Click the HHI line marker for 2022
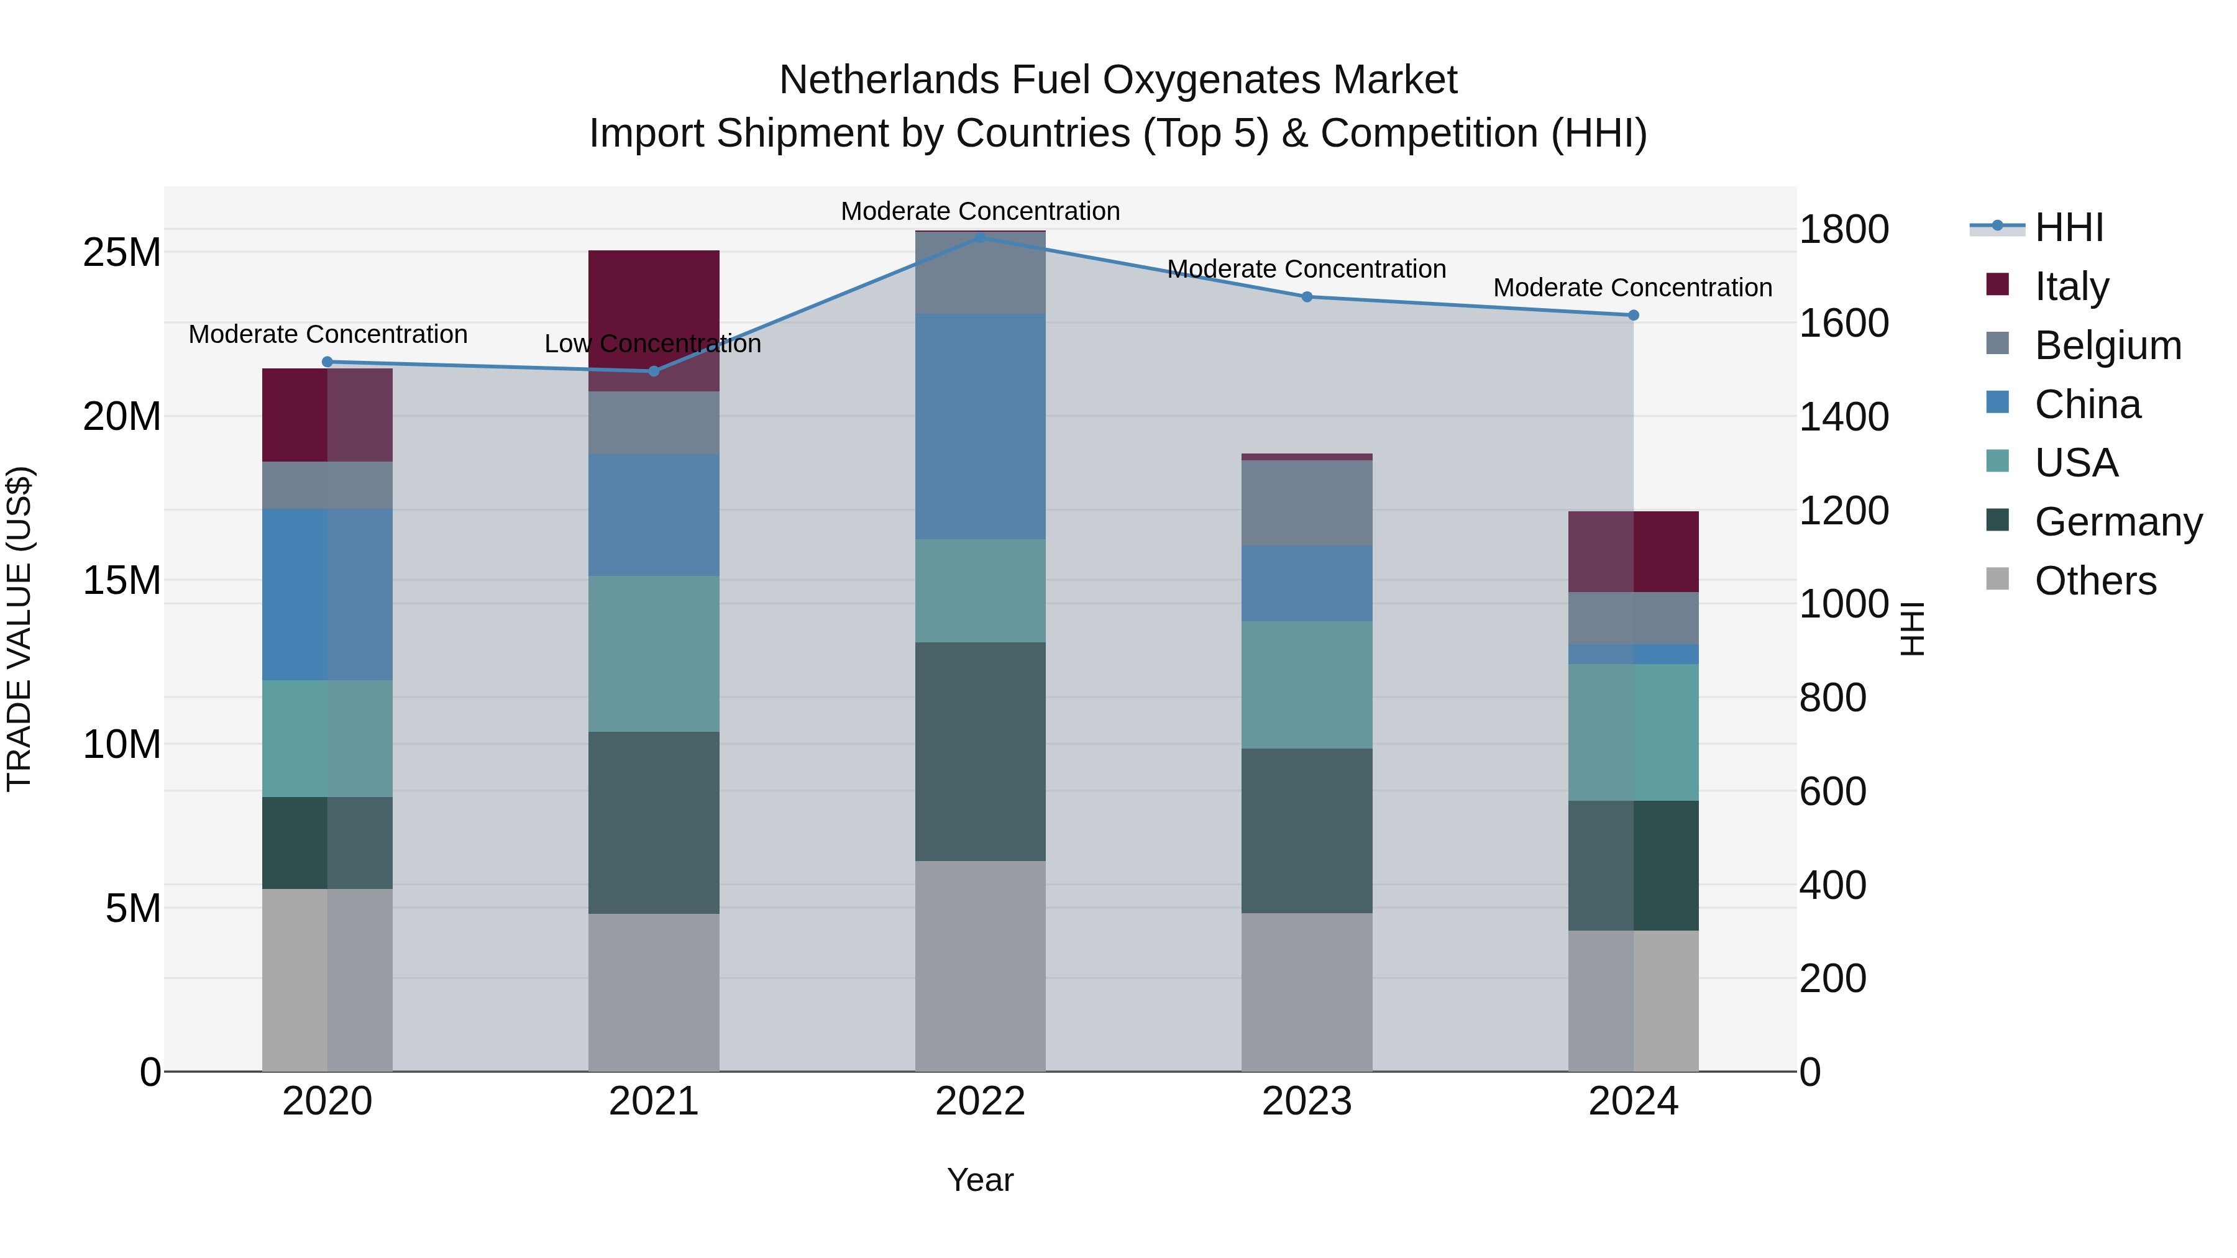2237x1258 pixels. pyautogui.click(x=981, y=237)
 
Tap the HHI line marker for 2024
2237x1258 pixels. pyautogui.click(x=1634, y=315)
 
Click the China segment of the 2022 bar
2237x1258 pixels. pyautogui.click(x=981, y=426)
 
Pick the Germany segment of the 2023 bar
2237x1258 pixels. pyautogui.click(x=1307, y=830)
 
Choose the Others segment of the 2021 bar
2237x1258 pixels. pyautogui.click(x=654, y=991)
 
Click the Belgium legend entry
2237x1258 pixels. pyautogui.click(x=2108, y=345)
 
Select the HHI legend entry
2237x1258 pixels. pyautogui.click(x=2069, y=227)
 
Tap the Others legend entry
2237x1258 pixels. pyautogui.click(x=2095, y=581)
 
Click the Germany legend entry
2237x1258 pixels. pyautogui.click(x=2118, y=522)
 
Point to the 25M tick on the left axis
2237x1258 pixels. pyautogui.click(x=122, y=253)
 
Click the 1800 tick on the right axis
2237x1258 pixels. pyautogui.click(x=1844, y=230)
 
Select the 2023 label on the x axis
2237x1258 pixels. pyautogui.click(x=1307, y=1101)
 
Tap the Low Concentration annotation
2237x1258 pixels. pyautogui.click(x=652, y=344)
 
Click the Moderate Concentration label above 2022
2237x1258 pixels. pyautogui.click(x=981, y=211)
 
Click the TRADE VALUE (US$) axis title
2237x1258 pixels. pyautogui.click(x=19, y=629)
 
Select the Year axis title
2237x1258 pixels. pyautogui.click(x=981, y=1180)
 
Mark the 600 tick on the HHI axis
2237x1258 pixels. pyautogui.click(x=1832, y=792)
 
